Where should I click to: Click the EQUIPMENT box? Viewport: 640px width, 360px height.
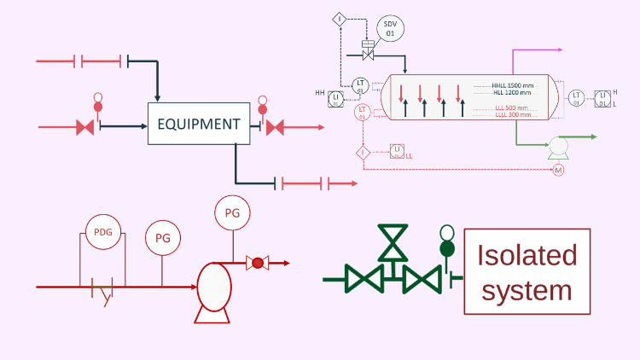tap(199, 124)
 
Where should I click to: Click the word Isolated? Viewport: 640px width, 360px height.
tap(527, 255)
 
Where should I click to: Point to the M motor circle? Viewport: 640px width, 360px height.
tap(559, 171)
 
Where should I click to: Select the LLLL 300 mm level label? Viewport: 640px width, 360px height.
tap(513, 114)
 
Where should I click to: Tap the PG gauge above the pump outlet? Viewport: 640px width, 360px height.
tap(232, 213)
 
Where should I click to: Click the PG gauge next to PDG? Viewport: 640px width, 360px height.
tap(163, 238)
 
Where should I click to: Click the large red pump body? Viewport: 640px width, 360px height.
tap(211, 286)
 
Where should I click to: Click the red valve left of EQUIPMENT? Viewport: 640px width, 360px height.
tap(85, 127)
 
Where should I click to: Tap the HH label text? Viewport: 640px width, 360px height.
tap(320, 92)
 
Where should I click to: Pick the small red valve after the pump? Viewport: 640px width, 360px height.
tap(255, 263)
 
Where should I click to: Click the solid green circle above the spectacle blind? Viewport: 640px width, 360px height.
tap(445, 248)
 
